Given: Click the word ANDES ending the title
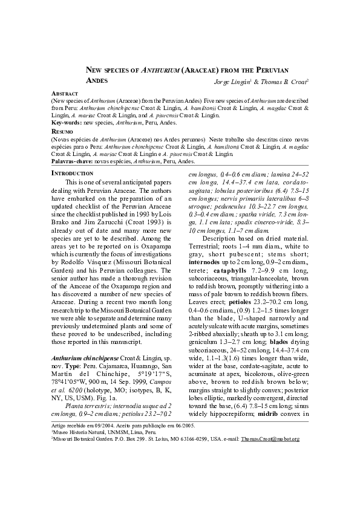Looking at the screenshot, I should pos(96,80).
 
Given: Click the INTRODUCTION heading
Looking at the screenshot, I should pos(72,173).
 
